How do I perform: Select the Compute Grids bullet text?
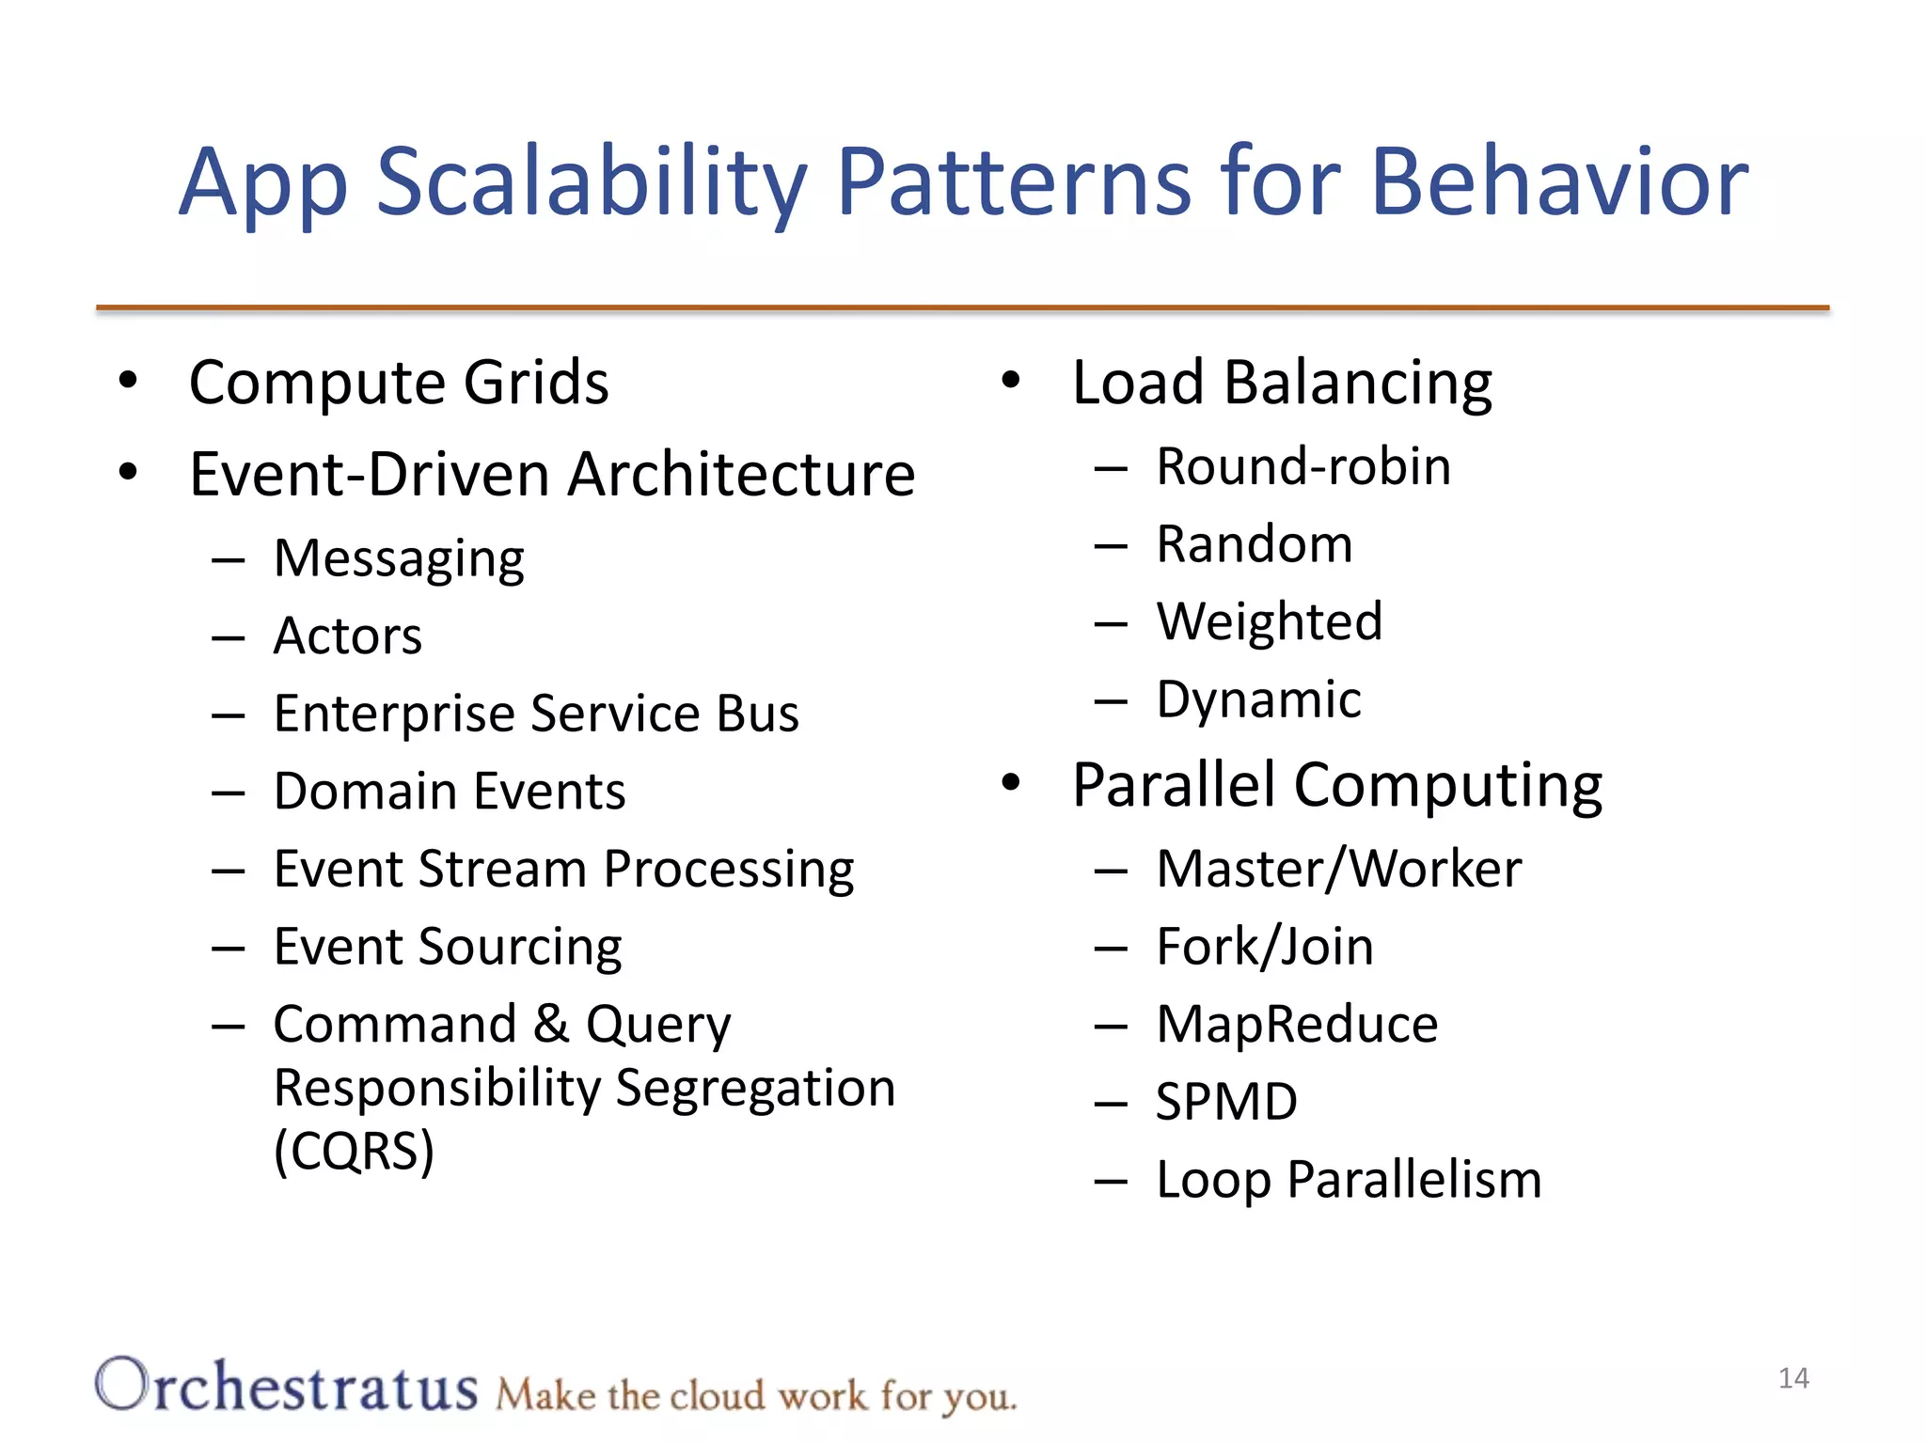(399, 383)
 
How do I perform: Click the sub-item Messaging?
(399, 559)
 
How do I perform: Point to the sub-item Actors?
(348, 636)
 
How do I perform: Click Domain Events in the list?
(450, 792)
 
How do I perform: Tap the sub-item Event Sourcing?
(448, 947)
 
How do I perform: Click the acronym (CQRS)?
(355, 1151)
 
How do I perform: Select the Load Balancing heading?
(1282, 383)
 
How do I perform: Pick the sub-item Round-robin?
(1303, 467)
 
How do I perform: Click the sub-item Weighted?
(1270, 621)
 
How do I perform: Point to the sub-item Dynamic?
(1258, 699)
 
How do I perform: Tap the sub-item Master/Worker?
(1339, 869)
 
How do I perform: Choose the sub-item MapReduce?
(1297, 1024)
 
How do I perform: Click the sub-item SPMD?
(1226, 1102)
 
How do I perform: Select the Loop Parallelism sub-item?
(1349, 1180)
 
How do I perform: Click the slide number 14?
(1793, 1378)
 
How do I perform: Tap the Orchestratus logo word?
(287, 1387)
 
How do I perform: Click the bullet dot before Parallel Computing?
(1011, 782)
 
